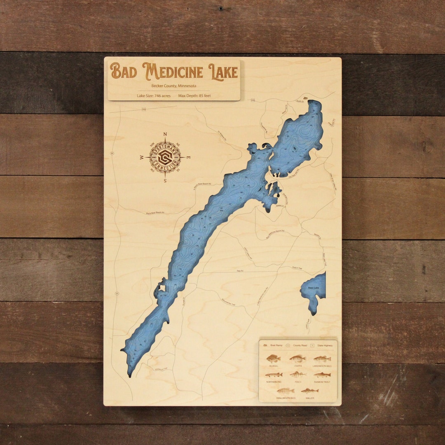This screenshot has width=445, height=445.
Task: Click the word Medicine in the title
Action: [173, 71]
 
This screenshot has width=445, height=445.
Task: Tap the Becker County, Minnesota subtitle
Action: [174, 86]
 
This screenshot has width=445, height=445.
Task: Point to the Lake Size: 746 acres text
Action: [154, 96]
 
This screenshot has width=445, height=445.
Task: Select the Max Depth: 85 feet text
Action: [194, 96]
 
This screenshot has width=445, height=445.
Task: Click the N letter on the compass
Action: [165, 134]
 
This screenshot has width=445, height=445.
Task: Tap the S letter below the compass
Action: [165, 180]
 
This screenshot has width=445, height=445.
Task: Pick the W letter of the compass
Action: [141, 157]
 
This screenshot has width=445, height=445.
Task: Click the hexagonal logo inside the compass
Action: [165, 157]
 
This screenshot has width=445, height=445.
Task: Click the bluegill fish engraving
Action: [273, 358]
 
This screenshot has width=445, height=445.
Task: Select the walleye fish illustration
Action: [309, 391]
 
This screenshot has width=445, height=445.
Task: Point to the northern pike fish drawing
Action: [273, 375]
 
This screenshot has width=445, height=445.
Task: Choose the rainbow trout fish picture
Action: [322, 375]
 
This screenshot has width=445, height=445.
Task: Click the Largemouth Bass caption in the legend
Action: [322, 366]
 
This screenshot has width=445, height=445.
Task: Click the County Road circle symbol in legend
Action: [288, 345]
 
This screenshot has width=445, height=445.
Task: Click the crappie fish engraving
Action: [297, 358]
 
